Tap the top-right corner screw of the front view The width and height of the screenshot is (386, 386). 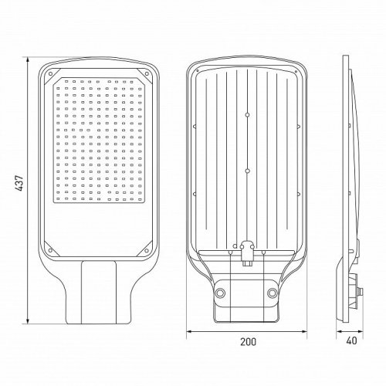pos(147,74)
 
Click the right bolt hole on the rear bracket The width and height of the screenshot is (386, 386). pos(273,293)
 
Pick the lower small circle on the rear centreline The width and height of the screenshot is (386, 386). pos(246,169)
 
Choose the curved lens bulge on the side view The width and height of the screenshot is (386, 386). pos(354,154)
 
